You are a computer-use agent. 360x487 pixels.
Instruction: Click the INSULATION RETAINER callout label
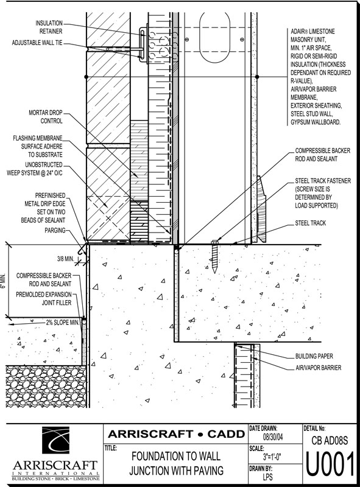click(49, 27)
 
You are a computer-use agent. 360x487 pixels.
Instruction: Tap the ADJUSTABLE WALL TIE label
click(37, 43)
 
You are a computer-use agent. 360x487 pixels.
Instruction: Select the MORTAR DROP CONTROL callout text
click(46, 116)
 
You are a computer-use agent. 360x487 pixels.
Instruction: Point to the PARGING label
click(55, 230)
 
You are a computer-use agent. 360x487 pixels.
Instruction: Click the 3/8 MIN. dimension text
click(65, 258)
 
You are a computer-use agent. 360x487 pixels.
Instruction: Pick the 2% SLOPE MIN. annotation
click(63, 323)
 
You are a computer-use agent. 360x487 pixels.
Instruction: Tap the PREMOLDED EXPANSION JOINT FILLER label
click(44, 298)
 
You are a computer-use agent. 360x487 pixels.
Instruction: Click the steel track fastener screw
click(214, 256)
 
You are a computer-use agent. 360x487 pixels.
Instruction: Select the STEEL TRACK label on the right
click(310, 223)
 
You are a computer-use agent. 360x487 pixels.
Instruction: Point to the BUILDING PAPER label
click(314, 356)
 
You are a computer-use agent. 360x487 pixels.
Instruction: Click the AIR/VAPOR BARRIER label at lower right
click(319, 368)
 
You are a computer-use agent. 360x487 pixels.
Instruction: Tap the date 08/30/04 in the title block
click(273, 437)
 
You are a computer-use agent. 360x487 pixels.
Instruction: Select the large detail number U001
click(330, 464)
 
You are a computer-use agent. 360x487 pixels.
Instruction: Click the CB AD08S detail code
click(330, 440)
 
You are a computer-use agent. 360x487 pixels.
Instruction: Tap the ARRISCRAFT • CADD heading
click(176, 433)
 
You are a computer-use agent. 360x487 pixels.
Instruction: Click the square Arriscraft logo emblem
click(55, 440)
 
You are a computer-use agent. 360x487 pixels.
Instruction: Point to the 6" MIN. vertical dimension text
click(3, 281)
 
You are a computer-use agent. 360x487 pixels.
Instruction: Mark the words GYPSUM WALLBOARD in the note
click(316, 122)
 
